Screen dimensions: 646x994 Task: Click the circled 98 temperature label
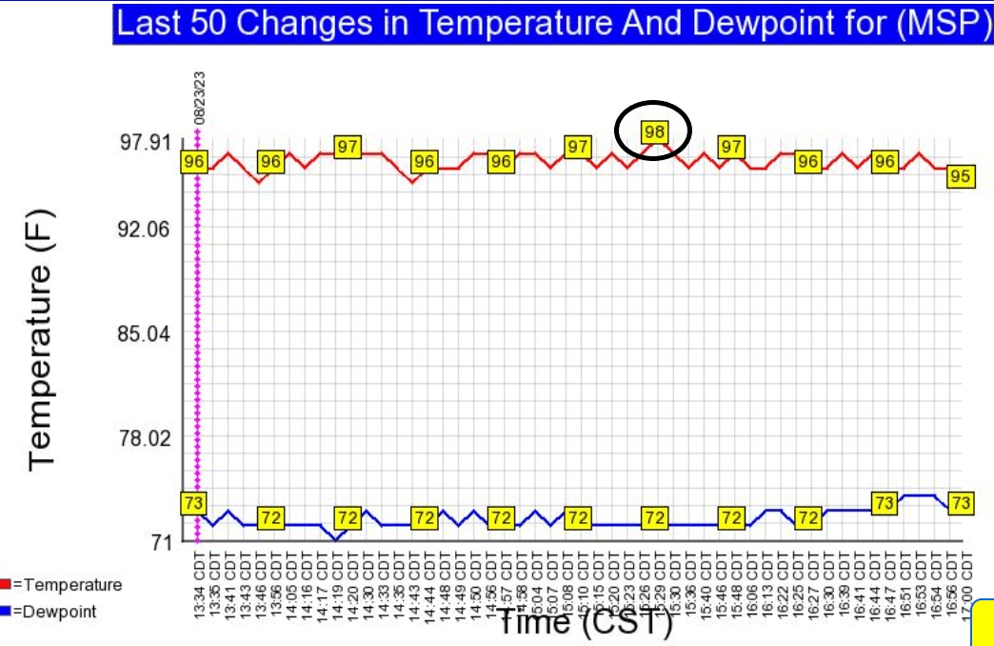[653, 131]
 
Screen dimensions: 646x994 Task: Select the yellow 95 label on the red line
[960, 176]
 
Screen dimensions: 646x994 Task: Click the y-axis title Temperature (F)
[43, 340]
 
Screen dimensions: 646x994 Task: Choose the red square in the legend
[6, 584]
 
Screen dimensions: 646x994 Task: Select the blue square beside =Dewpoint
[6, 611]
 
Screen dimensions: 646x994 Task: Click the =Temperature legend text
[67, 584]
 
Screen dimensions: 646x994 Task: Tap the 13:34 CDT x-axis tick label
[200, 582]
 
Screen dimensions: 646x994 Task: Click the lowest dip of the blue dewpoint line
[334, 539]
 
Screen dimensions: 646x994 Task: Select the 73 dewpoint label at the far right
[961, 503]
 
